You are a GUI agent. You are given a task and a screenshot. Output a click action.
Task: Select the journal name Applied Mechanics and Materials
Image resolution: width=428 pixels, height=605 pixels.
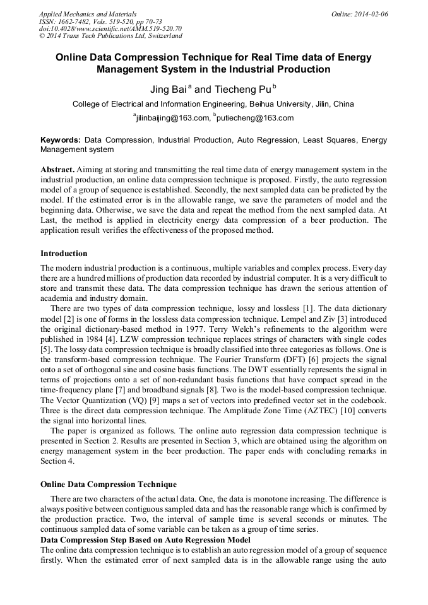pyautogui.click(x=88, y=14)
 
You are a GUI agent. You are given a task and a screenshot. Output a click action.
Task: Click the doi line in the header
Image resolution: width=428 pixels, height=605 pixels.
pyautogui.click(x=110, y=28)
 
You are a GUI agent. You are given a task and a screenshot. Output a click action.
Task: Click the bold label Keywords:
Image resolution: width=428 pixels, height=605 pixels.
pyautogui.click(x=61, y=140)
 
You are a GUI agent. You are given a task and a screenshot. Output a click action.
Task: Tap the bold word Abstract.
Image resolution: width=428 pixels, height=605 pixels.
pyautogui.click(x=57, y=170)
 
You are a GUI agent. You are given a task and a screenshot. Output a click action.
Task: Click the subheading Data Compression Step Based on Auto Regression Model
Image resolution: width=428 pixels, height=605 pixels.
pyautogui.click(x=145, y=540)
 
